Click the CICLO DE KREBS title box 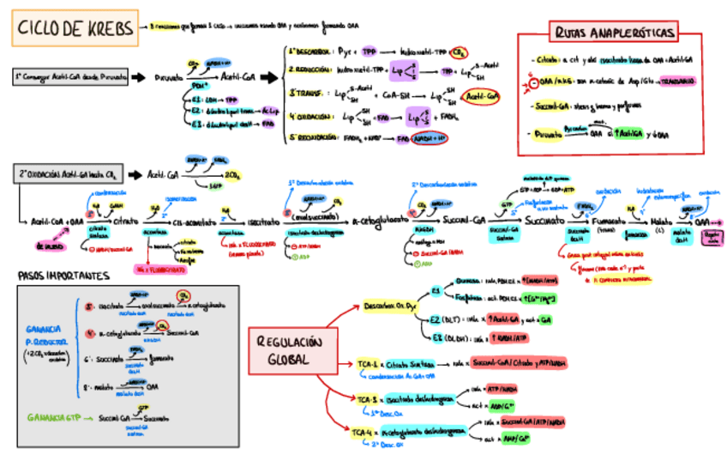pos(75,29)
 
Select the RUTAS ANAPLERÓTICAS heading pos(615,33)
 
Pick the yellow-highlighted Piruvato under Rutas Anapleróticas pos(546,134)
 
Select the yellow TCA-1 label pos(370,364)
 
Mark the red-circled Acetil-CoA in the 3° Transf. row pos(480,96)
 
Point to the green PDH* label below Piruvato pos(201,87)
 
